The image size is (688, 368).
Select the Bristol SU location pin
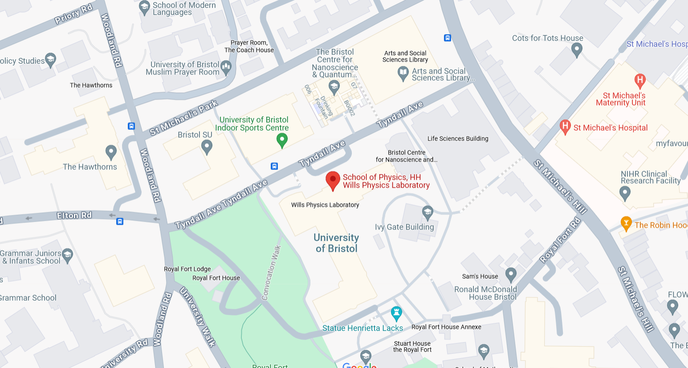pos(207,146)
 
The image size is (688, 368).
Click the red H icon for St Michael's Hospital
pos(565,127)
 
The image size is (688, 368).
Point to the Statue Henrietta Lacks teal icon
pos(396,313)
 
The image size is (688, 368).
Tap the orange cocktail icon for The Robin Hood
pos(626,223)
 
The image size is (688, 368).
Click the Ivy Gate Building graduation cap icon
pos(427,212)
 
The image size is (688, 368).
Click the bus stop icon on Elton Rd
pos(120,221)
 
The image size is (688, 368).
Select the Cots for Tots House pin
pos(577,49)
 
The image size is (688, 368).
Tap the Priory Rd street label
pos(73,14)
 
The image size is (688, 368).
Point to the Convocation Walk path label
pos(271,272)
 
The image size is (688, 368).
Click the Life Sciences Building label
pos(458,139)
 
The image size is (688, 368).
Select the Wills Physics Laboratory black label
pos(325,205)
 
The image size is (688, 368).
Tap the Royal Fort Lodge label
pos(187,269)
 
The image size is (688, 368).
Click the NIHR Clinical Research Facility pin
pos(625,193)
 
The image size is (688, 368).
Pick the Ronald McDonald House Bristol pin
pos(511,274)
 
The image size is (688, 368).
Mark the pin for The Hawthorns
pos(111,152)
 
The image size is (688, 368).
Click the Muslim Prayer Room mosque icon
pos(226,68)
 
